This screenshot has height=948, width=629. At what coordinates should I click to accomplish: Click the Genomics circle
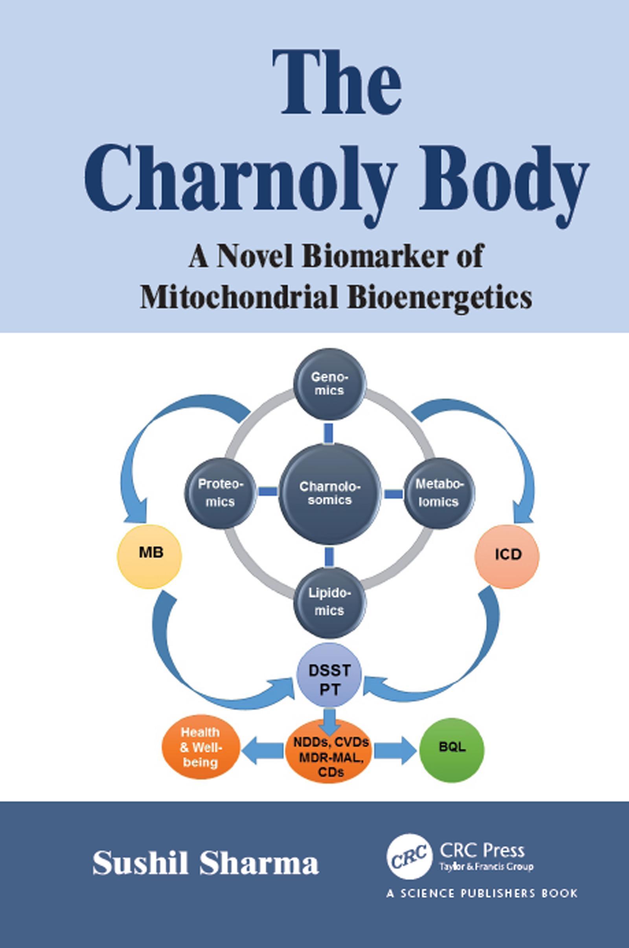point(330,384)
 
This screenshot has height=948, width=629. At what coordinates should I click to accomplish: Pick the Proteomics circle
point(221,493)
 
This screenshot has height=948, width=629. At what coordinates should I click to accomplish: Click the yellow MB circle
point(150,554)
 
